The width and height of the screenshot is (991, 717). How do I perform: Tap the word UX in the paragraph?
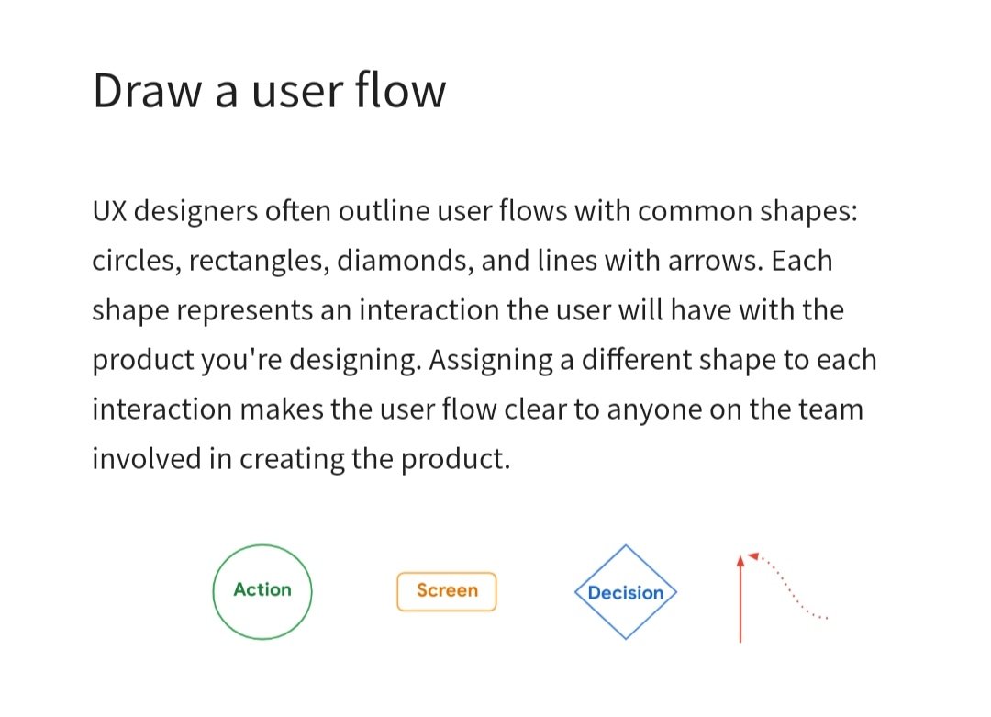click(x=109, y=211)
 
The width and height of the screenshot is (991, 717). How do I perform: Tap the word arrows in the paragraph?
click(x=709, y=262)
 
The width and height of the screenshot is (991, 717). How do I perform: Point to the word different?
click(x=633, y=360)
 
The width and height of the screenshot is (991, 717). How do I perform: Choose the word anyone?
click(x=657, y=409)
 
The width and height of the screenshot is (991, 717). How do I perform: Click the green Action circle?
click(x=262, y=590)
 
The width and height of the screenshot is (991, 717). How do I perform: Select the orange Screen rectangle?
click(x=447, y=591)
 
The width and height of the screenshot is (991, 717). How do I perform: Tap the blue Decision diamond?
click(x=625, y=593)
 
